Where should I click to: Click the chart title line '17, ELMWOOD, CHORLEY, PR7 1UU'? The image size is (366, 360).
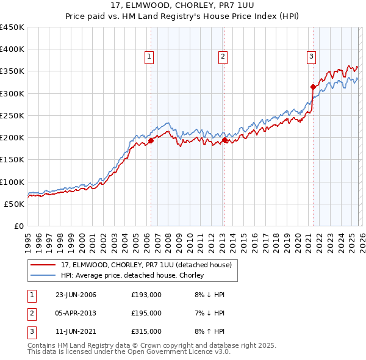[183, 5]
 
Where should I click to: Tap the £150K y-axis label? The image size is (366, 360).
[12, 160]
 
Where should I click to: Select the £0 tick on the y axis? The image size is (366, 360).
[19, 226]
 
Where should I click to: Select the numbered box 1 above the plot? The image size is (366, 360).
[149, 57]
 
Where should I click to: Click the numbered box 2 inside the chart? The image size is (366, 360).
[223, 57]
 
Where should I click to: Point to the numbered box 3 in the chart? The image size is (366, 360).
[311, 57]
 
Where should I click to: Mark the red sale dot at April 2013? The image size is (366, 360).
[224, 140]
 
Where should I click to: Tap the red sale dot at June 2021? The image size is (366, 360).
[312, 87]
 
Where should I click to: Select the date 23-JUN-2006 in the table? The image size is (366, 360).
[76, 295]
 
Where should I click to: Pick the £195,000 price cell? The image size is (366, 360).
[146, 313]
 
